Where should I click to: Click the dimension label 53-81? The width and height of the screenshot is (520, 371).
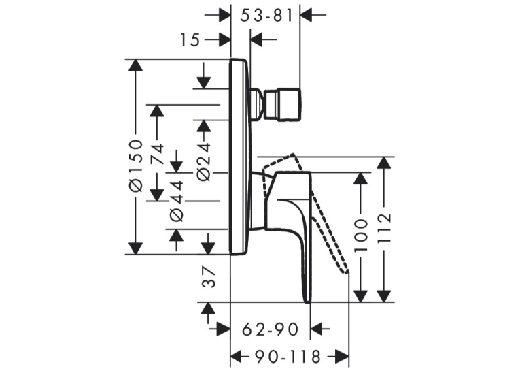(x=266, y=16)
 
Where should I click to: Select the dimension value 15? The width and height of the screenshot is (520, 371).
(x=190, y=41)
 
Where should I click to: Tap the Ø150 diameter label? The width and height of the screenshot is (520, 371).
(x=136, y=165)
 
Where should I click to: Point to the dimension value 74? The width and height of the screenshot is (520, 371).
(x=158, y=154)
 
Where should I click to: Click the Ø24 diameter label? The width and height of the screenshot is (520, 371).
(x=204, y=162)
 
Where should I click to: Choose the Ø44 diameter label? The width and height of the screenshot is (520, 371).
(x=177, y=201)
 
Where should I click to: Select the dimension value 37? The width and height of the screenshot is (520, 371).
(x=209, y=278)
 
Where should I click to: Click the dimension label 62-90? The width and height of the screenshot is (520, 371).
(x=271, y=329)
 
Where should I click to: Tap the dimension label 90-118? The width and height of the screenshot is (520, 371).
(x=288, y=357)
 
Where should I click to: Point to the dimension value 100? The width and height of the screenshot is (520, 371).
(x=361, y=236)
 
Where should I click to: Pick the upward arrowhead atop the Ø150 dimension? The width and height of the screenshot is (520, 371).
(x=135, y=65)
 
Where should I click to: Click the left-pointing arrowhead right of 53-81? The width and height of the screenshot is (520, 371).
(x=306, y=15)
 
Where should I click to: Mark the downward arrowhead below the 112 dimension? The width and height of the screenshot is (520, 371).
(x=384, y=296)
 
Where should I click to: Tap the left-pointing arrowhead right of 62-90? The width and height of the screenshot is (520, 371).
(x=316, y=329)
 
